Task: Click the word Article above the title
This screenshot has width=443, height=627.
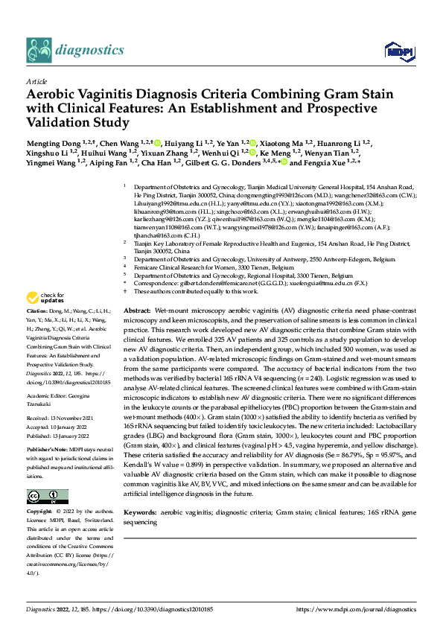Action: pos(36,82)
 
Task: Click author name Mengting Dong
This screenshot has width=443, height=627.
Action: pos(51,142)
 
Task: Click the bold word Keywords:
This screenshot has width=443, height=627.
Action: pos(140,513)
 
